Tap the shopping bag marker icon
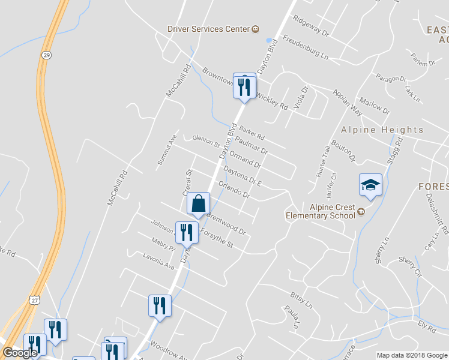point(198,204)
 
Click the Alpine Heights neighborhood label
point(382,130)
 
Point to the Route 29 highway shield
point(46,55)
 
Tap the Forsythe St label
point(215,239)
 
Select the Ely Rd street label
point(427,327)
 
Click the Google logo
point(20,352)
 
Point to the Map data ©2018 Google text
point(411,355)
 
